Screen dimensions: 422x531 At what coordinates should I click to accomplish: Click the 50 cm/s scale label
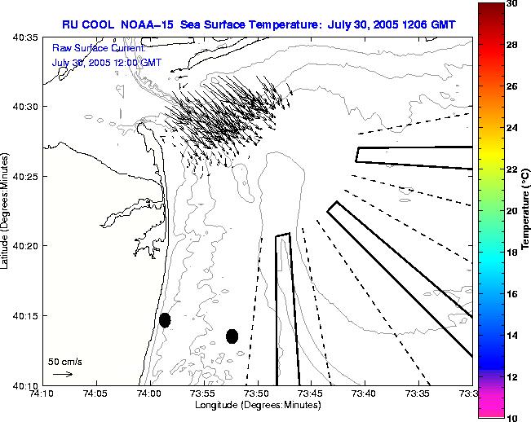click(x=64, y=361)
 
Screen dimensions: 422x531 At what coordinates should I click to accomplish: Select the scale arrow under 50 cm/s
click(x=63, y=374)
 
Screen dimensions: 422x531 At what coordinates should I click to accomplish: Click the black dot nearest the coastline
click(x=165, y=320)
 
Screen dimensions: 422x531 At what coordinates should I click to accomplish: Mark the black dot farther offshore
click(x=232, y=336)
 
